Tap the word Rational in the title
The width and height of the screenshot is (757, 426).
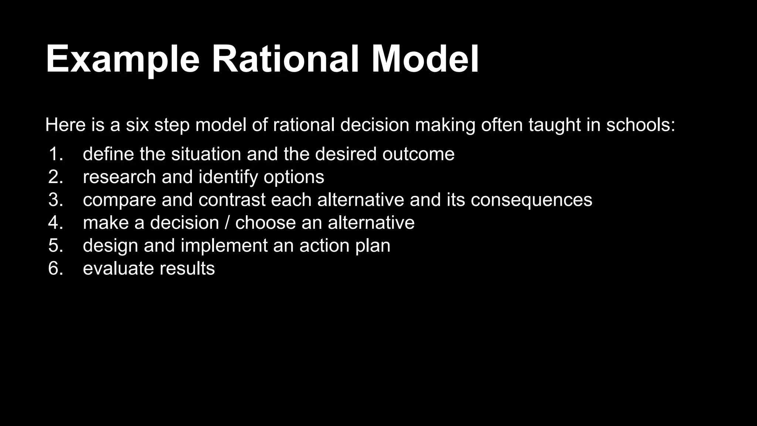pyautogui.click(x=285, y=59)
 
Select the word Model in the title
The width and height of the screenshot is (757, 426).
pyautogui.click(x=425, y=59)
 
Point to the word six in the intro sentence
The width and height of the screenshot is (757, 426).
pyautogui.click(x=137, y=125)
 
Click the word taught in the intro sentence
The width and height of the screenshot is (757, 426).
pyautogui.click(x=554, y=125)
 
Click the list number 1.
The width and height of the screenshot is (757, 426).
pyautogui.click(x=55, y=154)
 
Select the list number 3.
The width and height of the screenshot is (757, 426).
pyautogui.click(x=55, y=200)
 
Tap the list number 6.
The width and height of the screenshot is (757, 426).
pyautogui.click(x=55, y=268)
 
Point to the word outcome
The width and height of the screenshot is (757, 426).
pyautogui.click(x=418, y=154)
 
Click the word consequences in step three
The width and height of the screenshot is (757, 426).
pyautogui.click(x=532, y=200)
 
